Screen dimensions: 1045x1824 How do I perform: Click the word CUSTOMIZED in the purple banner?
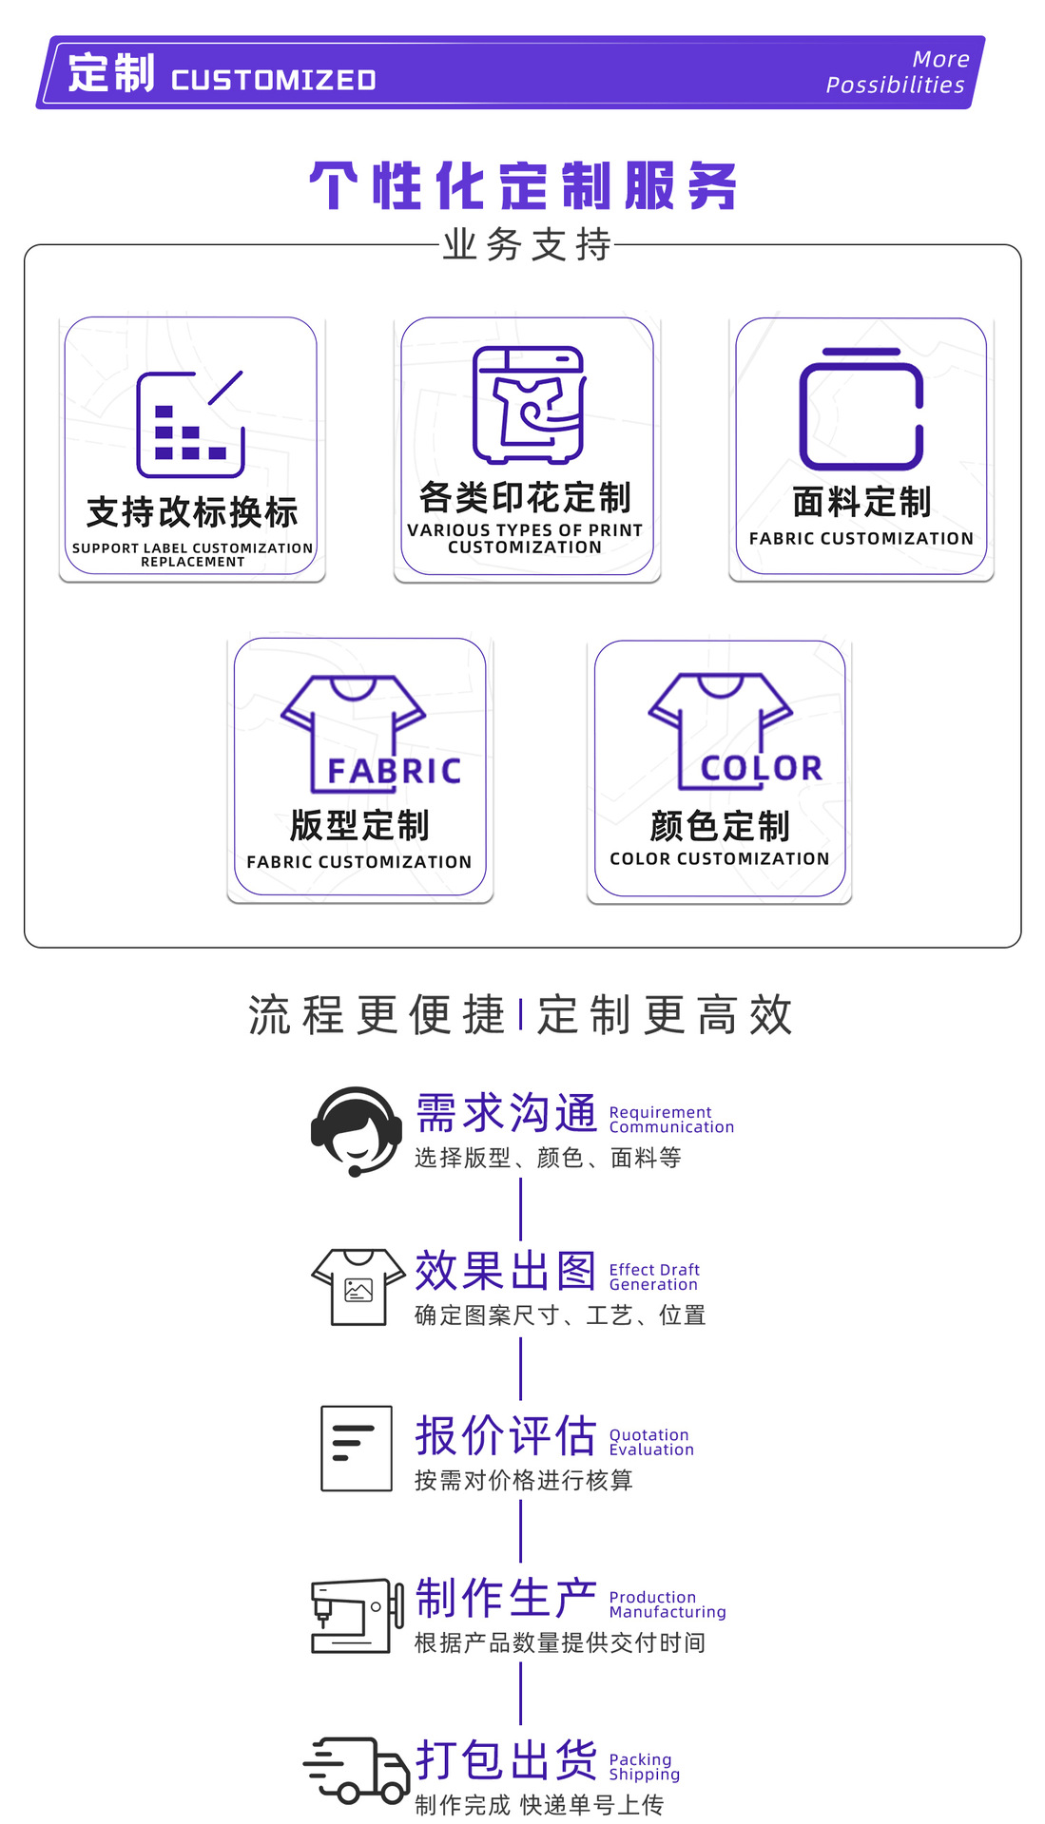click(x=274, y=80)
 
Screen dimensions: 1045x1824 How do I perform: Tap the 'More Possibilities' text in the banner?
click(x=897, y=72)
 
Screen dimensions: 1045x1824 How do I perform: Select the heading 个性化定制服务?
click(x=523, y=185)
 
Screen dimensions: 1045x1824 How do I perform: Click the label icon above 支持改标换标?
click(x=190, y=424)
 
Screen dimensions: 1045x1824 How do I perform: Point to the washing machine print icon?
click(x=529, y=404)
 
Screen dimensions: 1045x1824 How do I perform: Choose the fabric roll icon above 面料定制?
click(x=861, y=409)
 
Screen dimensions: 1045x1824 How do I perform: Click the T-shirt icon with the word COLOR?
click(x=730, y=731)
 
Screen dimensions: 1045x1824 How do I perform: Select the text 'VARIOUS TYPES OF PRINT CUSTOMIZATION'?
click(x=525, y=538)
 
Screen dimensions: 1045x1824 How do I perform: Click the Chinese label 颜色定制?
click(x=720, y=826)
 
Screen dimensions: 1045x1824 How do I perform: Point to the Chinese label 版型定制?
click(x=359, y=825)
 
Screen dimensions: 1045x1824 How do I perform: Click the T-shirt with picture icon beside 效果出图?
click(x=358, y=1286)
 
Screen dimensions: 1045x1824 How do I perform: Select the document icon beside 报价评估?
click(x=357, y=1448)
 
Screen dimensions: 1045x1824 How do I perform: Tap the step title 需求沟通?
click(x=506, y=1113)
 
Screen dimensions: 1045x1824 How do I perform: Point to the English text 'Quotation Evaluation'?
click(x=651, y=1442)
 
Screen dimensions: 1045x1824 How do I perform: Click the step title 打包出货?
click(x=506, y=1759)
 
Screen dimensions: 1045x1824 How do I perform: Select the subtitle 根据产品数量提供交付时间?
click(x=560, y=1642)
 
